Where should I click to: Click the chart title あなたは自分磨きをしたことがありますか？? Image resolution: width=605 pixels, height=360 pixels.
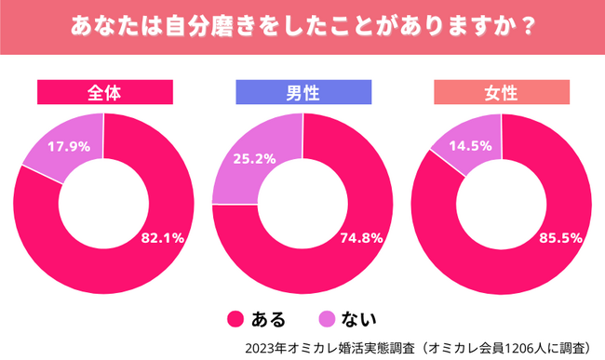[302, 25]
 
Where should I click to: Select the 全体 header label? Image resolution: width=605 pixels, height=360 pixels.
[104, 92]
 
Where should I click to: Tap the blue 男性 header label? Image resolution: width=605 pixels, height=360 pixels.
[302, 92]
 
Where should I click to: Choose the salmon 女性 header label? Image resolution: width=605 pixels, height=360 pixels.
[501, 92]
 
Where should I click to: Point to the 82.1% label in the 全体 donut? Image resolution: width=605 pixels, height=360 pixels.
[162, 237]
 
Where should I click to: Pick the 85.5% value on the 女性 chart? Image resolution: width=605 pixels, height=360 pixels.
[560, 237]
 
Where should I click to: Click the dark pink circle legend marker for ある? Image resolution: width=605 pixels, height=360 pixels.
[235, 320]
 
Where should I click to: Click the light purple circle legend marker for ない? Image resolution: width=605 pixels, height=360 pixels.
[328, 320]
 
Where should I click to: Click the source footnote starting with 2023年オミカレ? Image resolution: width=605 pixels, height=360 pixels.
[418, 348]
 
